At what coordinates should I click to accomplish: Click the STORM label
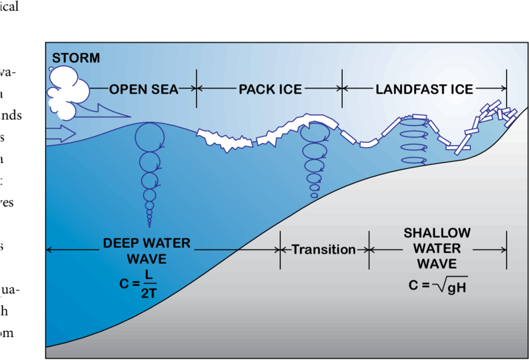pos(76,59)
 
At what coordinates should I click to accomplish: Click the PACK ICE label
pos(270,89)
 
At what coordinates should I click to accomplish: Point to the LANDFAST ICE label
pos(424,89)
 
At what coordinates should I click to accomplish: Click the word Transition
pos(324,249)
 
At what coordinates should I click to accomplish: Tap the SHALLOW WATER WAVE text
pos(437,248)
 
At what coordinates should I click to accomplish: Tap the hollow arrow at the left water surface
pos(61,134)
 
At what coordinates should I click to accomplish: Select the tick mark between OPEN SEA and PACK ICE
pos(196,89)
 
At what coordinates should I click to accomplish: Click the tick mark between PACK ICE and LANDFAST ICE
pos(343,89)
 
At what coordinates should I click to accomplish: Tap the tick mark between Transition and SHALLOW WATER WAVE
pos(369,249)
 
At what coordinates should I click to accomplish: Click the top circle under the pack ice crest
pos(314,134)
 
